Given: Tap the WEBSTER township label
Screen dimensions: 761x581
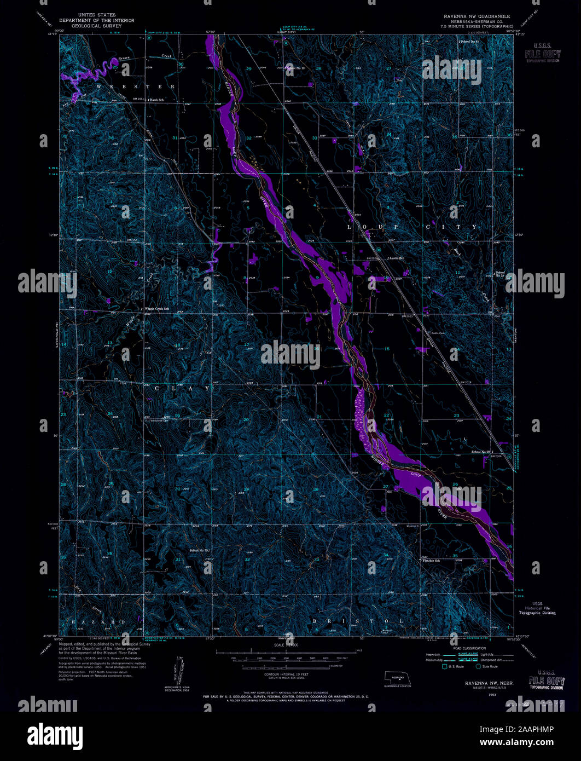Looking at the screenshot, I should [x=137, y=87].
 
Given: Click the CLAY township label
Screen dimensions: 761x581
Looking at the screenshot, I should [x=181, y=388].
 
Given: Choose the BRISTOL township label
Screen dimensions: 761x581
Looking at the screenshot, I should [x=358, y=621].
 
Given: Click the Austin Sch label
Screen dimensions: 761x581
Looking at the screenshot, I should [x=396, y=258].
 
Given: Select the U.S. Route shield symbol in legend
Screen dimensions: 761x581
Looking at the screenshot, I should [x=444, y=666].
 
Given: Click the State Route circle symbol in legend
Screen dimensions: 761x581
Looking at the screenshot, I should [x=479, y=666].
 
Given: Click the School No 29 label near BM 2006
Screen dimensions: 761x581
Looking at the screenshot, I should [x=480, y=452].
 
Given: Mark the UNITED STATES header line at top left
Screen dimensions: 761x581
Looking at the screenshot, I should [x=97, y=15].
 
